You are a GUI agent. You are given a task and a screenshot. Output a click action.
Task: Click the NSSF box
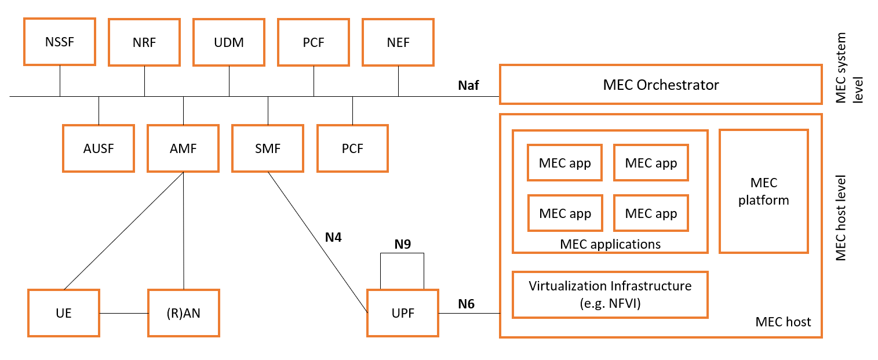59,42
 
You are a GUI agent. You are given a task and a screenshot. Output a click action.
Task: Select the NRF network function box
144,42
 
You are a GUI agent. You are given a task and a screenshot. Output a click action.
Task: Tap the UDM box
229,42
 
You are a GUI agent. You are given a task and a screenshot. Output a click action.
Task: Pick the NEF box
398,42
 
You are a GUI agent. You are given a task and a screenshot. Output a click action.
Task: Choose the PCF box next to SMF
352,148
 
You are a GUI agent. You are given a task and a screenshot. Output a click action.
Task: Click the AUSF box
99,148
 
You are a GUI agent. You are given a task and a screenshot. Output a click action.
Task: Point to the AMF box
183,148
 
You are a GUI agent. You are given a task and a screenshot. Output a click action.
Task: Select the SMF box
268,148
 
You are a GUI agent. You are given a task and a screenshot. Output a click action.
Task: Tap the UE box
64,313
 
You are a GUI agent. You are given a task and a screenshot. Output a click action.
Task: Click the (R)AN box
183,313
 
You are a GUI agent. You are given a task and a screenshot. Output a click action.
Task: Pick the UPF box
403,313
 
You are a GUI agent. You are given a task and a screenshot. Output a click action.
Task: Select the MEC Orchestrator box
661,85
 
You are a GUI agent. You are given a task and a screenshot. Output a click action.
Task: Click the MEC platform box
763,191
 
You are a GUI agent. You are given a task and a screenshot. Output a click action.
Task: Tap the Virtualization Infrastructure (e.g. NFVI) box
610,294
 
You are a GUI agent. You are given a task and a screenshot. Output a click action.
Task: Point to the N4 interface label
333,237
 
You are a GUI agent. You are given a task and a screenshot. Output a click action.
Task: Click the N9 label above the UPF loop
402,245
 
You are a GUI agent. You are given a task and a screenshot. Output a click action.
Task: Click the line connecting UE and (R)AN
124,313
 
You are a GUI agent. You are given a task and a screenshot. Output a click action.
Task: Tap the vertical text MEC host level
841,217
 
